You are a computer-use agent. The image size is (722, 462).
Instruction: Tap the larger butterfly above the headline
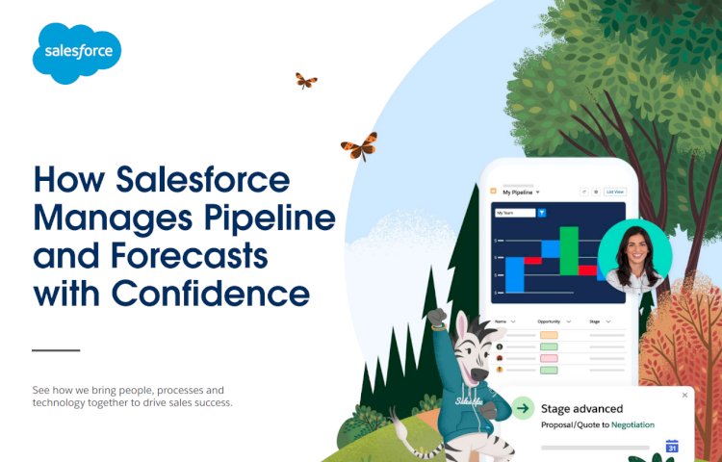click(x=359, y=146)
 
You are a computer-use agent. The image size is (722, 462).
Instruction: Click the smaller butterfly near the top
click(x=306, y=81)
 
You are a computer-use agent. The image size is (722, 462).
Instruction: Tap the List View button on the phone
click(x=615, y=192)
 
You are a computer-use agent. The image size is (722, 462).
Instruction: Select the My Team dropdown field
click(x=512, y=212)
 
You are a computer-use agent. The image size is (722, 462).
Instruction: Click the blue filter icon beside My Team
click(x=541, y=212)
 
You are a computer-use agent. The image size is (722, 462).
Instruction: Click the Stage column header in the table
click(x=597, y=321)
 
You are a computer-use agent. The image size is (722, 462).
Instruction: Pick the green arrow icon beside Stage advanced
click(x=523, y=408)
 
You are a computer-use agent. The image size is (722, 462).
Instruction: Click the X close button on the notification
click(x=684, y=395)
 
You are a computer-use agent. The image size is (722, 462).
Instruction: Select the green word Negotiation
click(x=632, y=424)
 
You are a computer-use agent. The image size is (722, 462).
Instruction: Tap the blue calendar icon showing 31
click(x=672, y=446)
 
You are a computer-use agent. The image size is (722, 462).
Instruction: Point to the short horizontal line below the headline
click(x=56, y=350)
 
